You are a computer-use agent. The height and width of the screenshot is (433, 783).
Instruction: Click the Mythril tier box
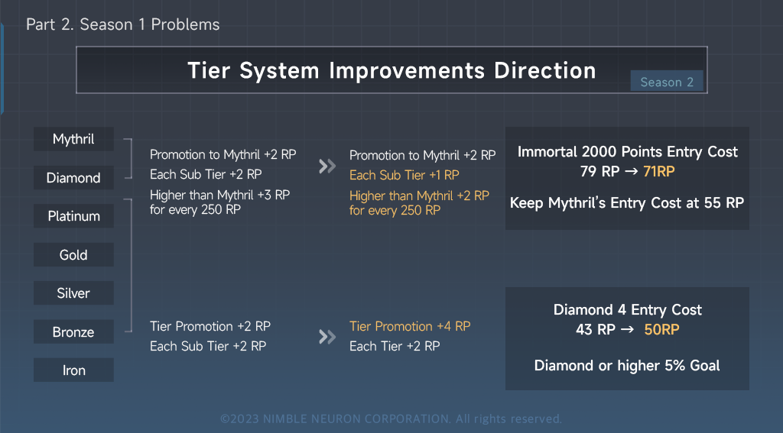[73, 139]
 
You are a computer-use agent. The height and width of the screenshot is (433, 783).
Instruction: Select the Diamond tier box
[73, 178]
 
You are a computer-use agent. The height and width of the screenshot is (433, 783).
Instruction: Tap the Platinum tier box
[73, 216]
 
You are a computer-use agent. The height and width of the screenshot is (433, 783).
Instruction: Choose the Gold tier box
[73, 255]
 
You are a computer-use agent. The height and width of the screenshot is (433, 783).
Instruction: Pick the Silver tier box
[73, 293]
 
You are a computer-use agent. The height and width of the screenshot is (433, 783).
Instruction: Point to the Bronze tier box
[73, 332]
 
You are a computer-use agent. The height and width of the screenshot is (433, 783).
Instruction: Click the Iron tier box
[73, 370]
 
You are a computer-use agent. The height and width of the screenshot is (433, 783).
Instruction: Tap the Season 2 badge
[667, 82]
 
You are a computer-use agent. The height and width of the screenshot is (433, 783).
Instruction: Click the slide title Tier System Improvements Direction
[391, 70]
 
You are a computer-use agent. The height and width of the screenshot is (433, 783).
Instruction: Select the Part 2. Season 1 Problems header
[122, 24]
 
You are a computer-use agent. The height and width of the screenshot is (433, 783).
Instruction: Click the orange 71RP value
[659, 172]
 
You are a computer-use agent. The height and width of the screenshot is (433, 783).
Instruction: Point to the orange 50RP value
[662, 330]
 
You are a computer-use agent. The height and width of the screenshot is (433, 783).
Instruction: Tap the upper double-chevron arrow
[327, 166]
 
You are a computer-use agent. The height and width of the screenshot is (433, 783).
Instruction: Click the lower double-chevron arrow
[327, 337]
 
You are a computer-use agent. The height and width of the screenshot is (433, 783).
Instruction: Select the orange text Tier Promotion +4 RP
[410, 326]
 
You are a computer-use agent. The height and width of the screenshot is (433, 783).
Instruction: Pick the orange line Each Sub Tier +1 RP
[404, 174]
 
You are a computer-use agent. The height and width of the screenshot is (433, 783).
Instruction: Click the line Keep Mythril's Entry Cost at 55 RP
[627, 203]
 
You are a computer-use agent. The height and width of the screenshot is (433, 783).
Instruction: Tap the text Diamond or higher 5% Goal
[627, 366]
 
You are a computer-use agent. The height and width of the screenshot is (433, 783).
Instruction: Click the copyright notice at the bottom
[391, 418]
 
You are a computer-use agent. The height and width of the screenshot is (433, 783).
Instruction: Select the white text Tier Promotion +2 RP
[210, 326]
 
